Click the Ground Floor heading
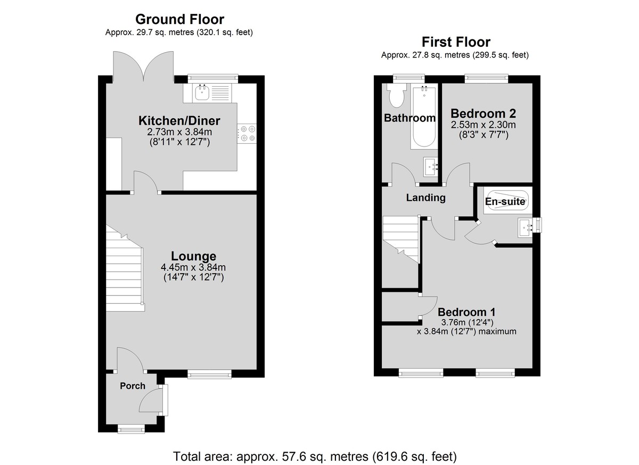(x=180, y=19)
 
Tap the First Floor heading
(x=456, y=42)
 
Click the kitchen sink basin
(x=202, y=92)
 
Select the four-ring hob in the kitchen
(x=247, y=134)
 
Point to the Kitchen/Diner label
(x=179, y=121)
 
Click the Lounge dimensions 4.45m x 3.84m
(x=193, y=267)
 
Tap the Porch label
(x=133, y=386)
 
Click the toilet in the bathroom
(x=396, y=96)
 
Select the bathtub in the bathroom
(x=424, y=117)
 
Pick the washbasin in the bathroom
(x=431, y=167)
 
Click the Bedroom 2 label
(x=484, y=113)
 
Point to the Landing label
(x=426, y=198)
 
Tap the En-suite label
(x=505, y=202)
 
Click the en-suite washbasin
(x=526, y=227)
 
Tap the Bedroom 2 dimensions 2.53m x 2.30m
(x=484, y=125)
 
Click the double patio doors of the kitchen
(x=143, y=67)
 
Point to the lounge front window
(x=209, y=374)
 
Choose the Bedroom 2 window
(x=486, y=79)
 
